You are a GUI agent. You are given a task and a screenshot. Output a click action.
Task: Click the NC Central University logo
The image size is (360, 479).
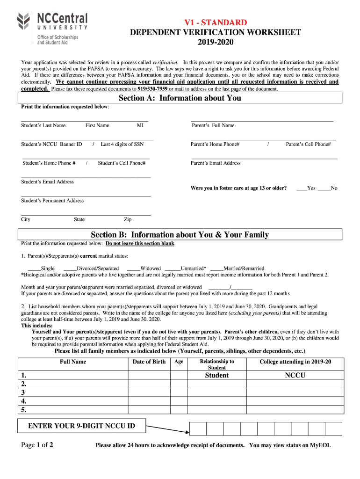tap(52, 28)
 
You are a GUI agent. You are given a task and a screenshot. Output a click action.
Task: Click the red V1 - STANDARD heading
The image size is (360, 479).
tap(215, 22)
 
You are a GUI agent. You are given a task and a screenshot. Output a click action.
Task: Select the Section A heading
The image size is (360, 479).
tap(180, 98)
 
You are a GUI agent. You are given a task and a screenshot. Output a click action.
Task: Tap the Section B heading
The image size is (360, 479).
tap(180, 234)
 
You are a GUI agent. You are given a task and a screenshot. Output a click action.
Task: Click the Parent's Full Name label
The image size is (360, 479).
tap(213, 125)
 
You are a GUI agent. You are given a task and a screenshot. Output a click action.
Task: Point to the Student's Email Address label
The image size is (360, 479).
tap(47, 181)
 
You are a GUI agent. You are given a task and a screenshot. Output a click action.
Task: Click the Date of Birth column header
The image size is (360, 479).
tap(149, 362)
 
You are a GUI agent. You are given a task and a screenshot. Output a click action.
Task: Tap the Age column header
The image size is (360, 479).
tap(179, 362)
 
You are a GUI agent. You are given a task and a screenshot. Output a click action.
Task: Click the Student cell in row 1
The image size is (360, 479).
tap(217, 375)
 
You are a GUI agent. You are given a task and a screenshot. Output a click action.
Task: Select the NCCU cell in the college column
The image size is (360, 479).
tap(295, 375)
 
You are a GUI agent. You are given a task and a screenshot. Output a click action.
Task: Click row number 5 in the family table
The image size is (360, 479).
tap(24, 410)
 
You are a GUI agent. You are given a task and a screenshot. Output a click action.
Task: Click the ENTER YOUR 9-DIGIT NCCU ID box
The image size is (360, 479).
tap(81, 426)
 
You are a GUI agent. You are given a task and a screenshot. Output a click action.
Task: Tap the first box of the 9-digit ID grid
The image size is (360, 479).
tap(198, 428)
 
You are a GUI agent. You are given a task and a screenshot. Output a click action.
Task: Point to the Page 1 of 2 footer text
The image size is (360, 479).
tap(37, 445)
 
